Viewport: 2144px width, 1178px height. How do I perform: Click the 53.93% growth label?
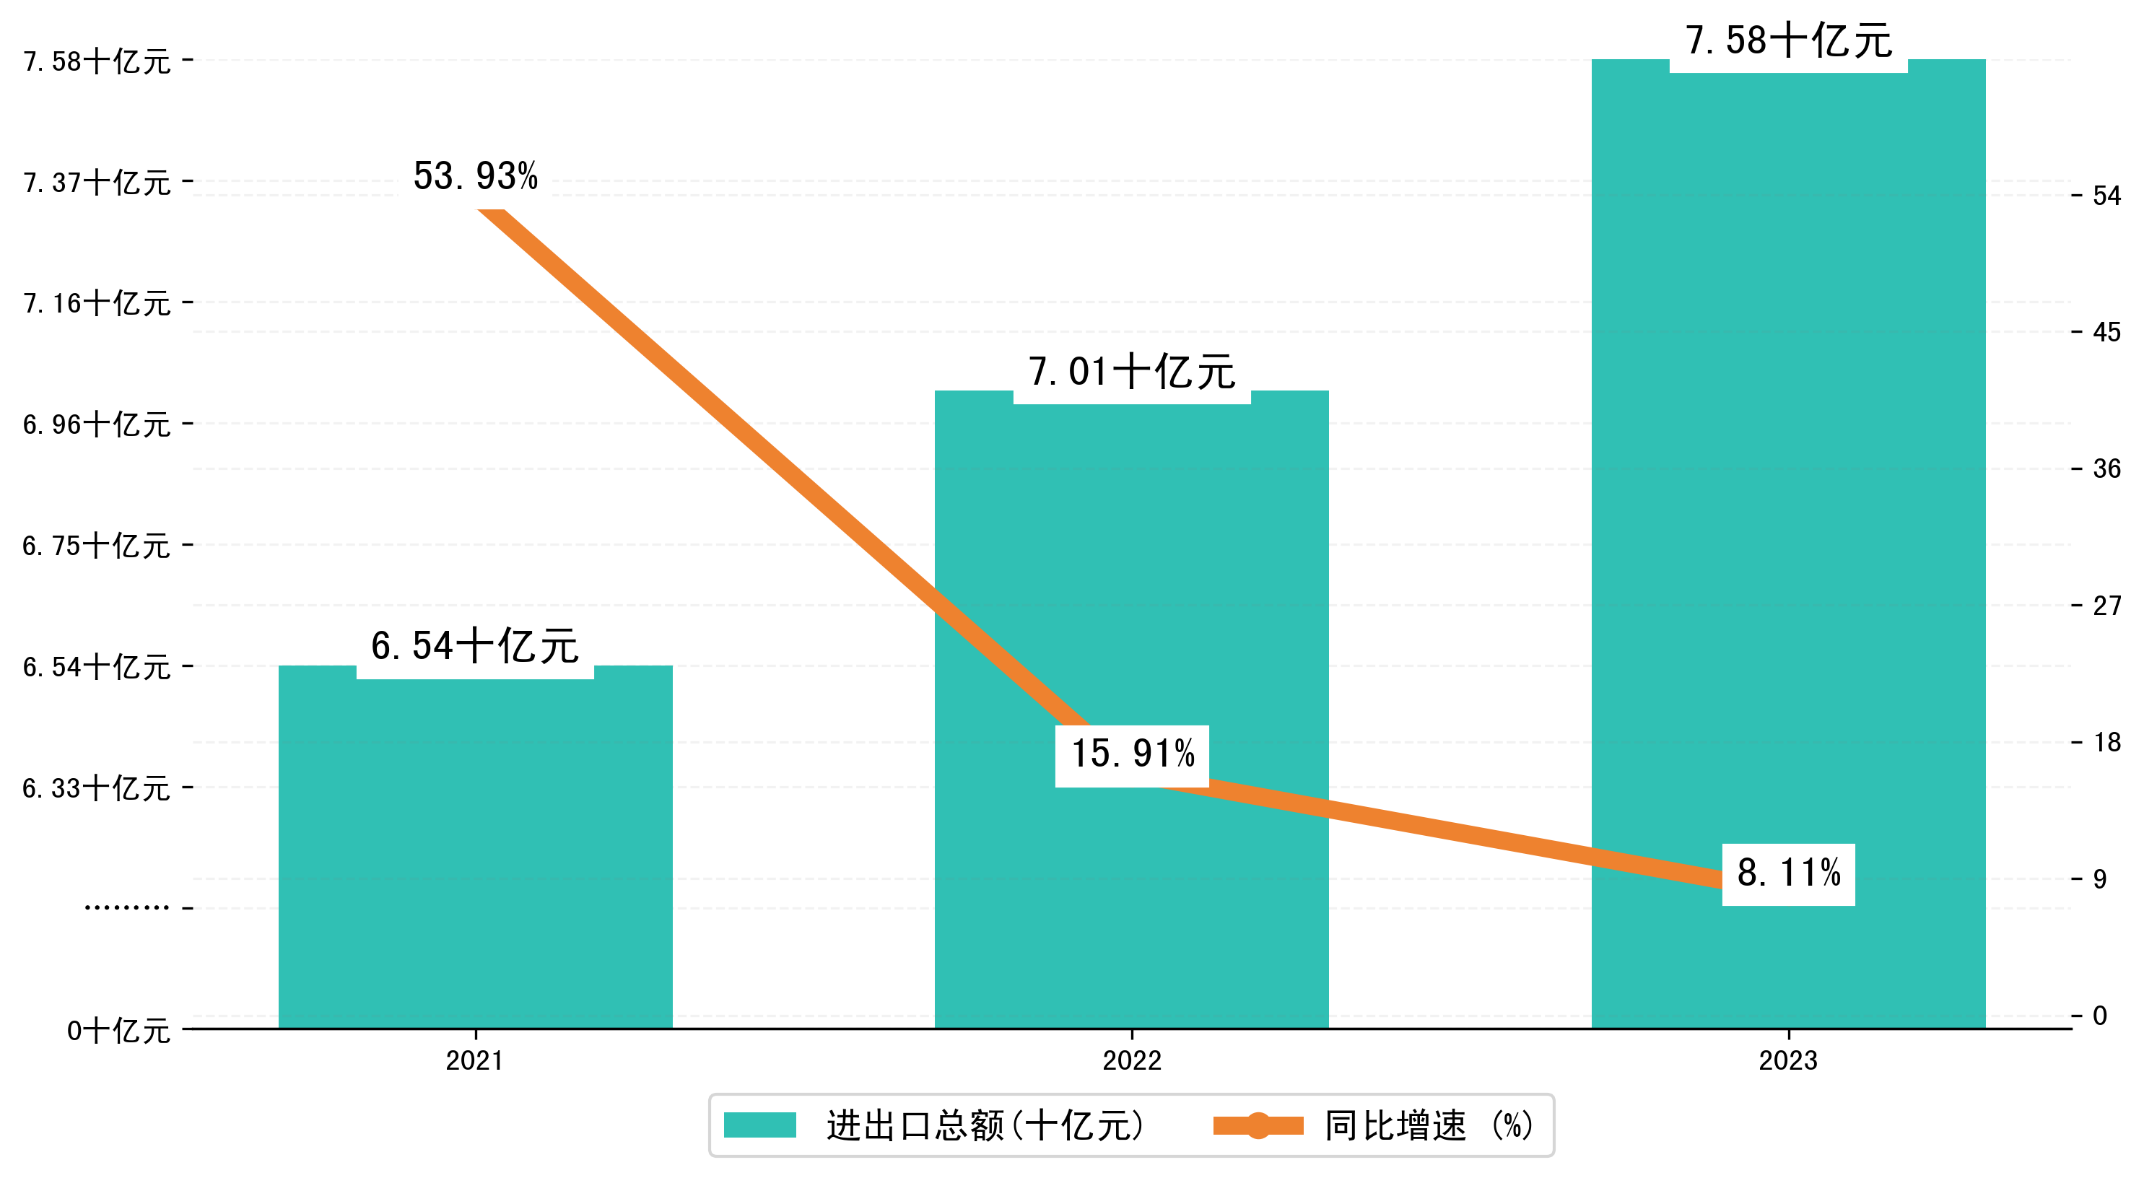click(475, 177)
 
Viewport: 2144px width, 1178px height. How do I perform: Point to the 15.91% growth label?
click(1132, 754)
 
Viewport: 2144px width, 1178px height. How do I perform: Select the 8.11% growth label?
click(1789, 873)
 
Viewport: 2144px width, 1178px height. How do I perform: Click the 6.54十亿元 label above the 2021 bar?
click(474, 647)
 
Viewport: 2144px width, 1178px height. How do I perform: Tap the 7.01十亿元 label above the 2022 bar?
click(1132, 372)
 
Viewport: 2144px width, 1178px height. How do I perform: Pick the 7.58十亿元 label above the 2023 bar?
click(1789, 41)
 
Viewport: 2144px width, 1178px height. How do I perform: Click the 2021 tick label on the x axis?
click(474, 1060)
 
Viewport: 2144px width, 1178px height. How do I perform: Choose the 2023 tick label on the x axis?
click(1788, 1060)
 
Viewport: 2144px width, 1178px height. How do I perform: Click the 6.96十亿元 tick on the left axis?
click(97, 424)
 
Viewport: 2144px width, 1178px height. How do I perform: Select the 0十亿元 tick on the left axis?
click(118, 1031)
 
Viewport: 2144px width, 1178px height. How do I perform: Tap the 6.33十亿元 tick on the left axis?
click(97, 787)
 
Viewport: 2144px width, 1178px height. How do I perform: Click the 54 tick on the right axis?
click(2106, 196)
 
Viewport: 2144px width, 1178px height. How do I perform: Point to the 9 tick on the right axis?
click(2100, 879)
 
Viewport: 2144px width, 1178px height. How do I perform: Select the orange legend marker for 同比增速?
click(1258, 1125)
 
